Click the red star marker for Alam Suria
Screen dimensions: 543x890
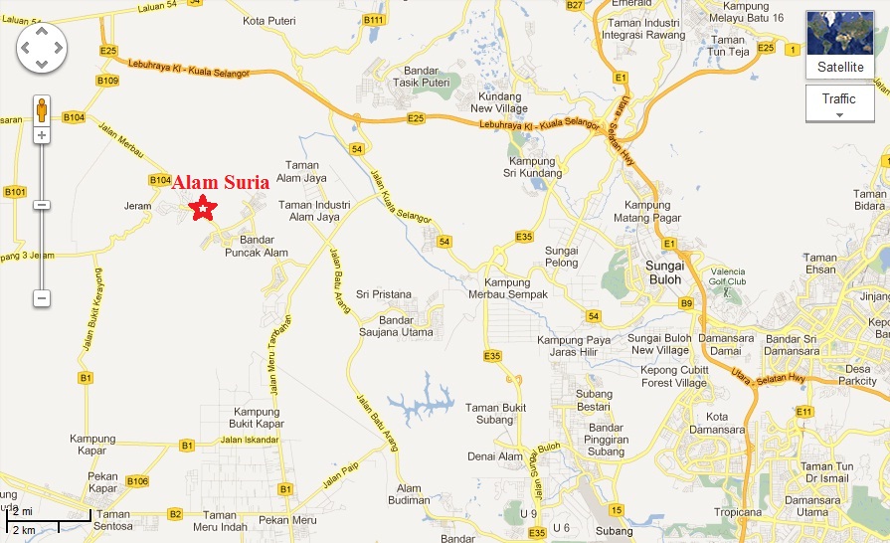203,209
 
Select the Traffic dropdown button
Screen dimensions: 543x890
839,102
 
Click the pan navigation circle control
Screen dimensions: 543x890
42,47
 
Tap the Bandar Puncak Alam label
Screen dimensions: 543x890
258,246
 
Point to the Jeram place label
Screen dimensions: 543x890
137,206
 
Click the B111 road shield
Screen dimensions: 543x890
374,20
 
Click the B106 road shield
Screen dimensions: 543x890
137,481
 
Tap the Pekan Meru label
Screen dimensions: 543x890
280,520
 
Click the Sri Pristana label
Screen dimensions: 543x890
384,295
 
